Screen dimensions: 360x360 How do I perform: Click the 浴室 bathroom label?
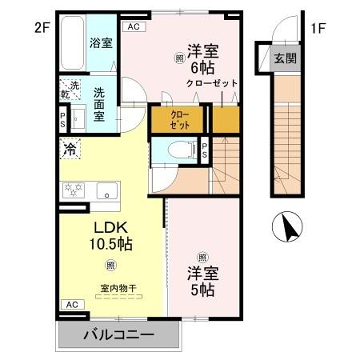pyautogui.click(x=101, y=44)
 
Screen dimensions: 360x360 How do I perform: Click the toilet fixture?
pyautogui.click(x=180, y=151)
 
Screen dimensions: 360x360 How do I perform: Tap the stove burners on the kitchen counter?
pyautogui.click(x=73, y=188)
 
